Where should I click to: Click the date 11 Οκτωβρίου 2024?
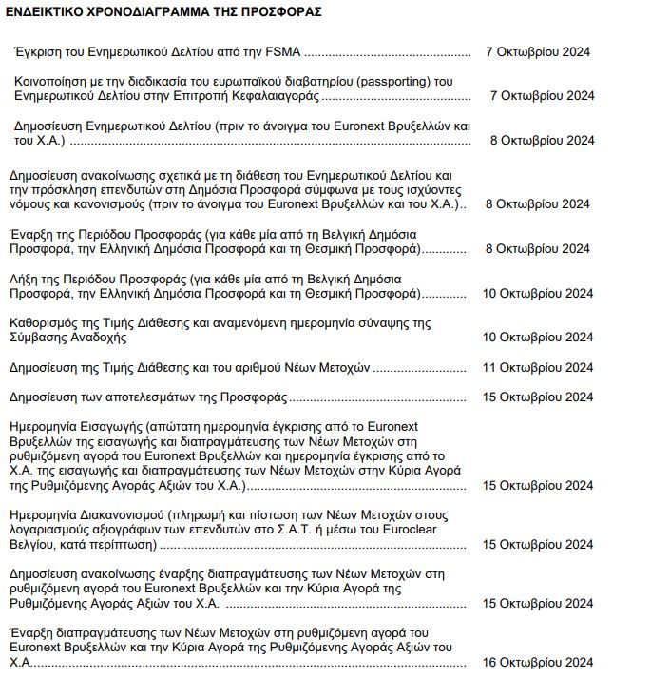point(538,367)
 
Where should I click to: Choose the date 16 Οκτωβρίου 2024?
point(538,663)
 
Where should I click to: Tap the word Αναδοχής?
point(96,338)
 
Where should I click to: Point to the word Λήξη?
point(24,278)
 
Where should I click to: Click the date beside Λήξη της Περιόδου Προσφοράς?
point(538,293)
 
